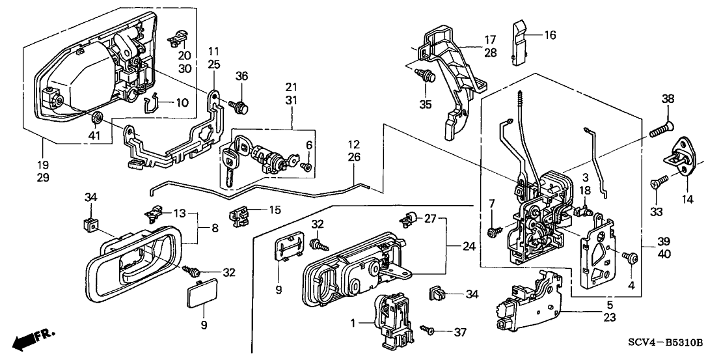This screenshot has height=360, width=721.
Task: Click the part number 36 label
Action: (243, 76)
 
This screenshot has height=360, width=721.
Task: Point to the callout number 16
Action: (550, 35)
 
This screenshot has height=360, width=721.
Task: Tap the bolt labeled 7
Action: (494, 229)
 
